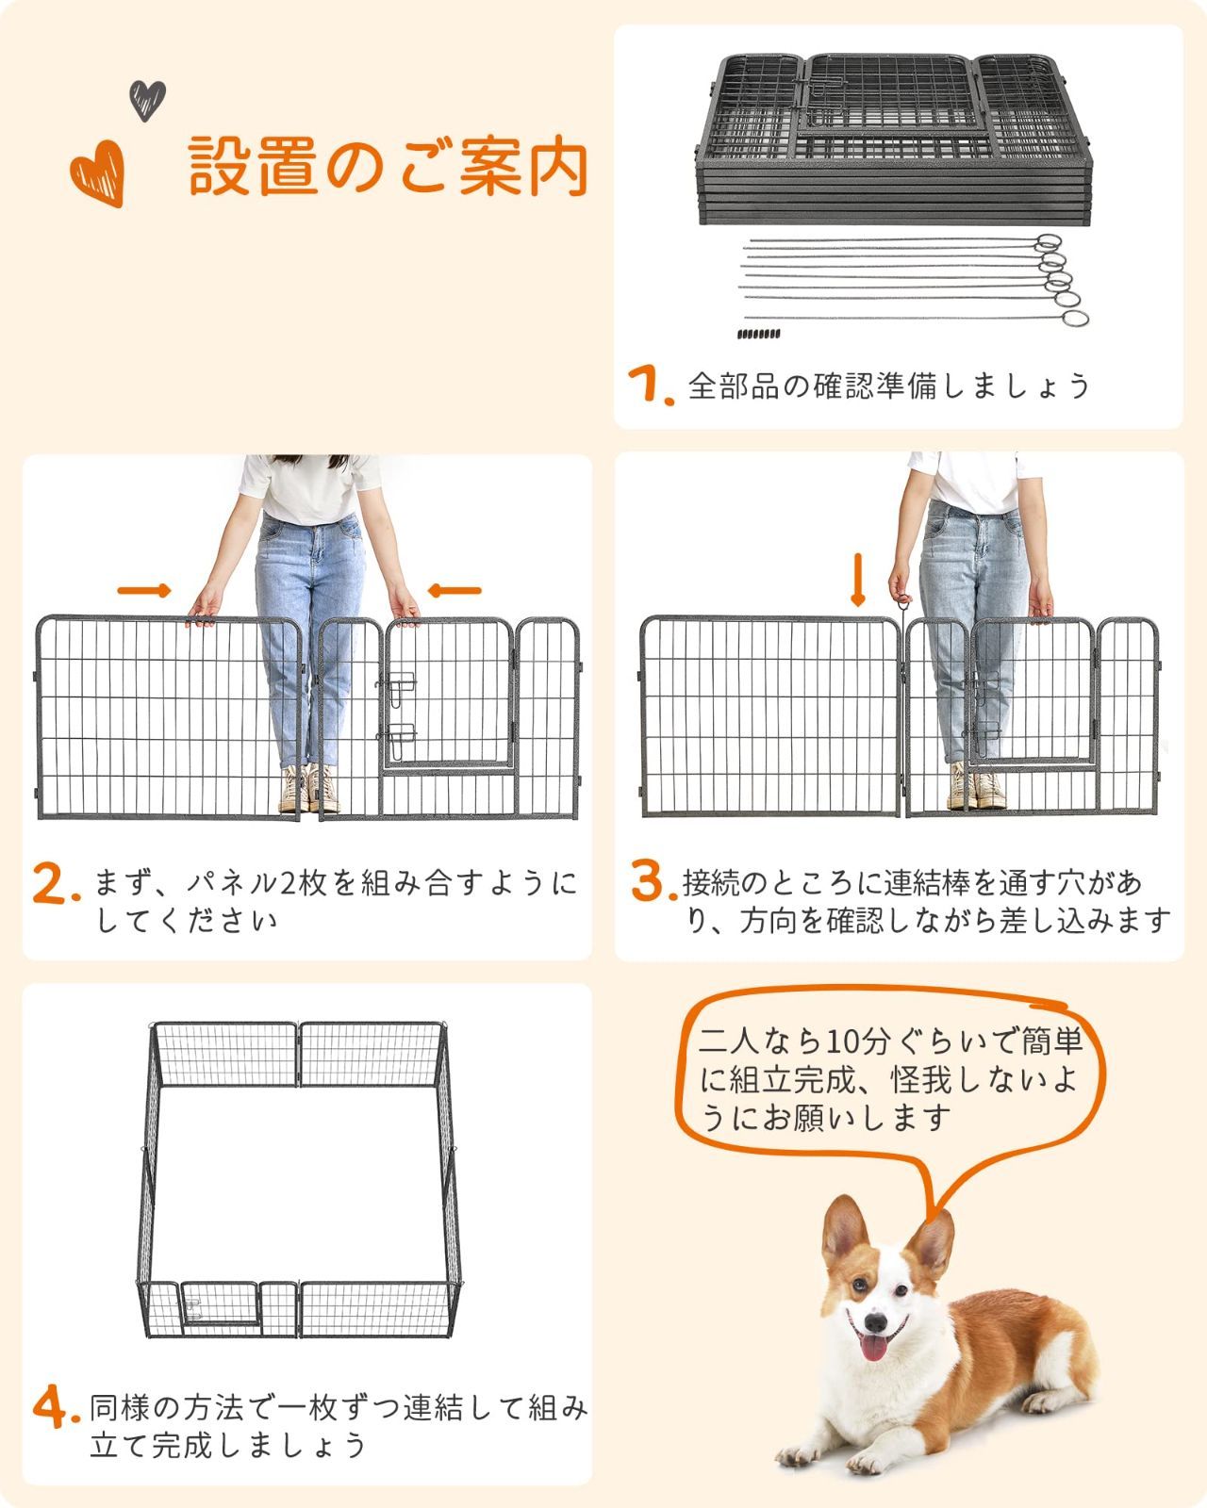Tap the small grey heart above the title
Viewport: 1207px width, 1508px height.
[147, 100]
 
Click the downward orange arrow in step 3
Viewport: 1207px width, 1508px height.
[857, 581]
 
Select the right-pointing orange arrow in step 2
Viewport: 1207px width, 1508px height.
[144, 591]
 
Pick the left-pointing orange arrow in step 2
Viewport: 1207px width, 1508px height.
[455, 591]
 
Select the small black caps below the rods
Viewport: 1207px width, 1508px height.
[758, 334]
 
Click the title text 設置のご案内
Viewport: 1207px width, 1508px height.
[387, 166]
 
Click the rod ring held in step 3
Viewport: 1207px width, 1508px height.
[902, 598]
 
